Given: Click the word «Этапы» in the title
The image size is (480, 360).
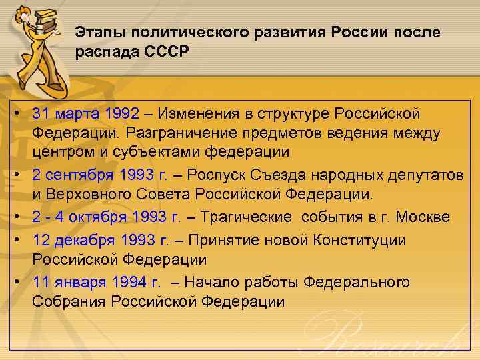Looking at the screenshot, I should (x=97, y=33).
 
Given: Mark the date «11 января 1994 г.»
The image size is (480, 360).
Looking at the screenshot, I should (x=96, y=282).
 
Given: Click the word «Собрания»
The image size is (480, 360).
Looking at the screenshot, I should (x=63, y=301).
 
